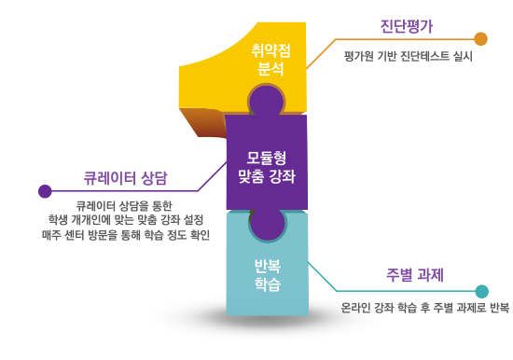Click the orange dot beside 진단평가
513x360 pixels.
[x=480, y=38]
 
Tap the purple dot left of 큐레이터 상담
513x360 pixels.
[x=45, y=191]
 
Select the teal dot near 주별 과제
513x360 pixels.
[x=481, y=291]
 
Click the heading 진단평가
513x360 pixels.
[x=407, y=26]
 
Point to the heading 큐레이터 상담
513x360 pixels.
[x=126, y=177]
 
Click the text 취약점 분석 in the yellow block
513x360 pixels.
[x=268, y=59]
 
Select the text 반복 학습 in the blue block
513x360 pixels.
[x=267, y=272]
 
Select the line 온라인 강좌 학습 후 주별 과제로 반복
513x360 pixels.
[x=425, y=307]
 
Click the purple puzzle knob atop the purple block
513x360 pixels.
[x=266, y=100]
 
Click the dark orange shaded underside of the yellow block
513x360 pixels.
[x=201, y=121]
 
